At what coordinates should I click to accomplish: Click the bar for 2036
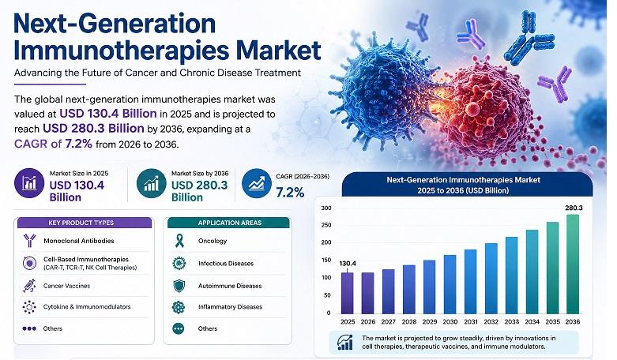pyautogui.click(x=573, y=264)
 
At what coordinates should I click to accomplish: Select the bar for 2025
pyautogui.click(x=347, y=293)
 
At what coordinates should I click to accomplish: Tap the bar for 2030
pyautogui.click(x=450, y=284)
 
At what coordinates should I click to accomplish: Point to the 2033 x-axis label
pyautogui.click(x=512, y=321)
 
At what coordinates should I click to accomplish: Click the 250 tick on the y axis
pyautogui.click(x=326, y=225)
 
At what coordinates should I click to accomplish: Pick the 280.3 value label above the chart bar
pyautogui.click(x=574, y=208)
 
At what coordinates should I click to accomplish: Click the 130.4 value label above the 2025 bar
pyautogui.click(x=348, y=264)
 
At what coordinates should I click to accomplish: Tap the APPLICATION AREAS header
pyautogui.click(x=230, y=223)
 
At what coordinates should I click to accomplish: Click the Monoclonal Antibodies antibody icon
pyautogui.click(x=29, y=241)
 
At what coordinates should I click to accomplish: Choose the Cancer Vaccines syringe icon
pyautogui.click(x=29, y=286)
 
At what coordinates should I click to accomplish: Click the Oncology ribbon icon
pyautogui.click(x=179, y=241)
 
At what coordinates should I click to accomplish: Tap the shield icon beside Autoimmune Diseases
pyautogui.click(x=179, y=286)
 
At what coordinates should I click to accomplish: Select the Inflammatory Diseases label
pyautogui.click(x=230, y=307)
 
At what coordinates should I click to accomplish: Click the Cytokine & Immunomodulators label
pyautogui.click(x=87, y=307)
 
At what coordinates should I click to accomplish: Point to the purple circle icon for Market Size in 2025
pyautogui.click(x=29, y=182)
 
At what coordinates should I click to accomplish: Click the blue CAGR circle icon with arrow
pyautogui.click(x=257, y=183)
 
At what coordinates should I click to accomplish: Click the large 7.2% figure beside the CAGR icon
pyautogui.click(x=291, y=193)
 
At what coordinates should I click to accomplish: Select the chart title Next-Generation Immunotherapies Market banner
pyautogui.click(x=468, y=185)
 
